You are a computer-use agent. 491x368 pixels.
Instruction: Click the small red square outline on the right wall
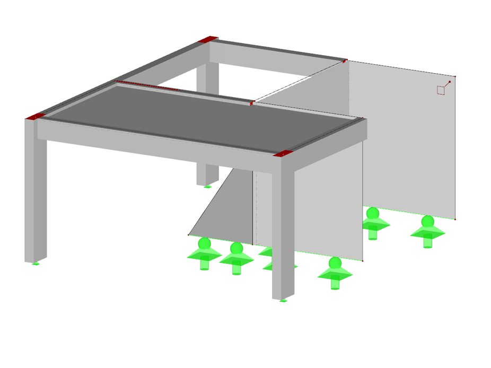pyautogui.click(x=441, y=90)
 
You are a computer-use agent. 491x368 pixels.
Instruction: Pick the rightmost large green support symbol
pyautogui.click(x=427, y=229)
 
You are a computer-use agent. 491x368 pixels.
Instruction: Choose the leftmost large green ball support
pyautogui.click(x=204, y=252)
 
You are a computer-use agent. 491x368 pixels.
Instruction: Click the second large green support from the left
pyautogui.click(x=236, y=256)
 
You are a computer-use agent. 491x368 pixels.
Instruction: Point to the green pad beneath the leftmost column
pyautogui.click(x=35, y=264)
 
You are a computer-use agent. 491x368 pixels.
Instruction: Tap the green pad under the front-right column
pyautogui.click(x=283, y=301)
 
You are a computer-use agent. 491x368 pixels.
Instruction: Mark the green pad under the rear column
pyautogui.click(x=207, y=187)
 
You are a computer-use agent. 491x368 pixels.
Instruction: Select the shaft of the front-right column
pyautogui.click(x=283, y=233)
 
